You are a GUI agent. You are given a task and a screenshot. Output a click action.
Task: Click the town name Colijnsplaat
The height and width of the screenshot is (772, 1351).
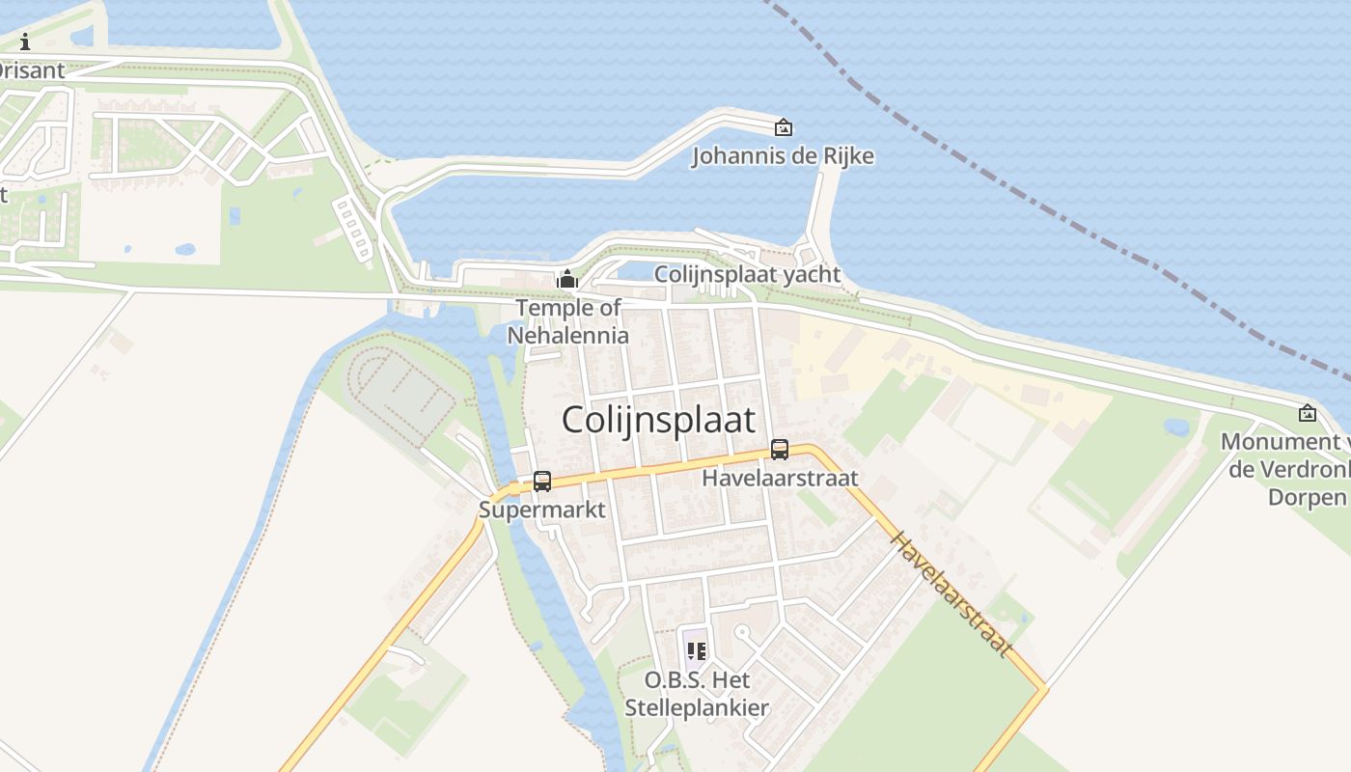click(x=658, y=421)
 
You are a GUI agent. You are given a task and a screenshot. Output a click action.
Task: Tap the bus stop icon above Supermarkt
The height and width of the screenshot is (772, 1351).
click(x=542, y=481)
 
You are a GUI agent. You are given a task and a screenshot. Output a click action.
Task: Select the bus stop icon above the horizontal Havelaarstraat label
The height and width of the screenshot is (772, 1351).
click(x=779, y=449)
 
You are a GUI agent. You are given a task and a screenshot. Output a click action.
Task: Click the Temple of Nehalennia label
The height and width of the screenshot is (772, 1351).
click(x=568, y=321)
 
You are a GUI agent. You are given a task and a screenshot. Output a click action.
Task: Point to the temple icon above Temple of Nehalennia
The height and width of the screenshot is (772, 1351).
click(x=567, y=280)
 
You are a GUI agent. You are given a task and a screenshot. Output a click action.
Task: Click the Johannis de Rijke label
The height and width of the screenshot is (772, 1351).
click(x=783, y=156)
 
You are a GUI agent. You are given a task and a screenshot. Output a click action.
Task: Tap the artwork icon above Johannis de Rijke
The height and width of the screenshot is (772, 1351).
click(x=784, y=126)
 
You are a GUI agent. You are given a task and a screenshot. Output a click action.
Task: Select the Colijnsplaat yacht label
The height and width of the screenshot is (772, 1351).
click(x=747, y=274)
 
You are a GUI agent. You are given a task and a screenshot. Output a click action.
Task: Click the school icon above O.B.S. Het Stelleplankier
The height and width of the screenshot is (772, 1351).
click(x=697, y=650)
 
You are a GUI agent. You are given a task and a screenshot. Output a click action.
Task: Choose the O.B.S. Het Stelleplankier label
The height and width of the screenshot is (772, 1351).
click(x=697, y=694)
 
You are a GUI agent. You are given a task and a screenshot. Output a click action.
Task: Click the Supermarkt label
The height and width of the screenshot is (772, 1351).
click(x=542, y=510)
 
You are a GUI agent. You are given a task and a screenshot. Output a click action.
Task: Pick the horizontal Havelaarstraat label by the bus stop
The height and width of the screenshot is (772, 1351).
click(x=780, y=478)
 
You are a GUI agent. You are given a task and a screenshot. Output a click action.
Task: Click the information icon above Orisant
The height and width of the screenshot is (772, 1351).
click(x=25, y=41)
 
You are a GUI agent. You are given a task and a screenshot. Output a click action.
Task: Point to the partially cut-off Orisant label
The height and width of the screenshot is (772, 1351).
click(x=32, y=70)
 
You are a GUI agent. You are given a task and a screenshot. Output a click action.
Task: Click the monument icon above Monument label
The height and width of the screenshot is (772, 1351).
click(x=1308, y=413)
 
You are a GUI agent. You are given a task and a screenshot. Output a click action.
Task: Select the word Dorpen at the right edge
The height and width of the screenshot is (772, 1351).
click(x=1307, y=497)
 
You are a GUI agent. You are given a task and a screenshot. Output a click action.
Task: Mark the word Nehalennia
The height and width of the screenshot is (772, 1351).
click(x=568, y=336)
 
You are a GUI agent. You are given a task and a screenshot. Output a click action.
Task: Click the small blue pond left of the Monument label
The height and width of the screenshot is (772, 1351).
click(x=1176, y=426)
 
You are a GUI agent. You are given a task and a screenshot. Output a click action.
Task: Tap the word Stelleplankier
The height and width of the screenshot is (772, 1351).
click(x=697, y=707)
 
